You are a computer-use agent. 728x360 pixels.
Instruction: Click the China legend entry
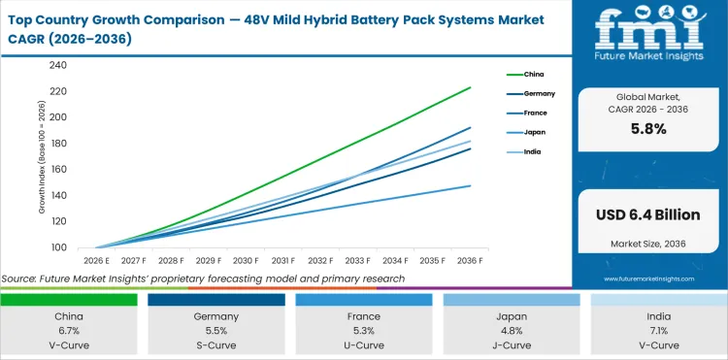pyautogui.click(x=534, y=74)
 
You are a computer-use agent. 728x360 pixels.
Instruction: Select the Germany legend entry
pyautogui.click(x=540, y=93)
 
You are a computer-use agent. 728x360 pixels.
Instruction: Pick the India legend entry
pyautogui.click(x=534, y=152)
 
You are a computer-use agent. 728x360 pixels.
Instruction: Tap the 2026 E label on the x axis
pyautogui.click(x=95, y=260)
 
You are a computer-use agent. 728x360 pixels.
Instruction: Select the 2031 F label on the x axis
pyautogui.click(x=282, y=260)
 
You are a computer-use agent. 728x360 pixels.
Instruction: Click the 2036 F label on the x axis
pyautogui.click(x=470, y=260)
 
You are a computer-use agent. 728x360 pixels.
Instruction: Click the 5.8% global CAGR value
pyautogui.click(x=647, y=130)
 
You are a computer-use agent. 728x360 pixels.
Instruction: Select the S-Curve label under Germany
pyautogui.click(x=216, y=344)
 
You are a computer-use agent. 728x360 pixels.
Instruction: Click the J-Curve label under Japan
pyautogui.click(x=512, y=344)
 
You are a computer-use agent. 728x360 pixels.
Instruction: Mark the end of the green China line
pyautogui.click(x=471, y=87)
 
